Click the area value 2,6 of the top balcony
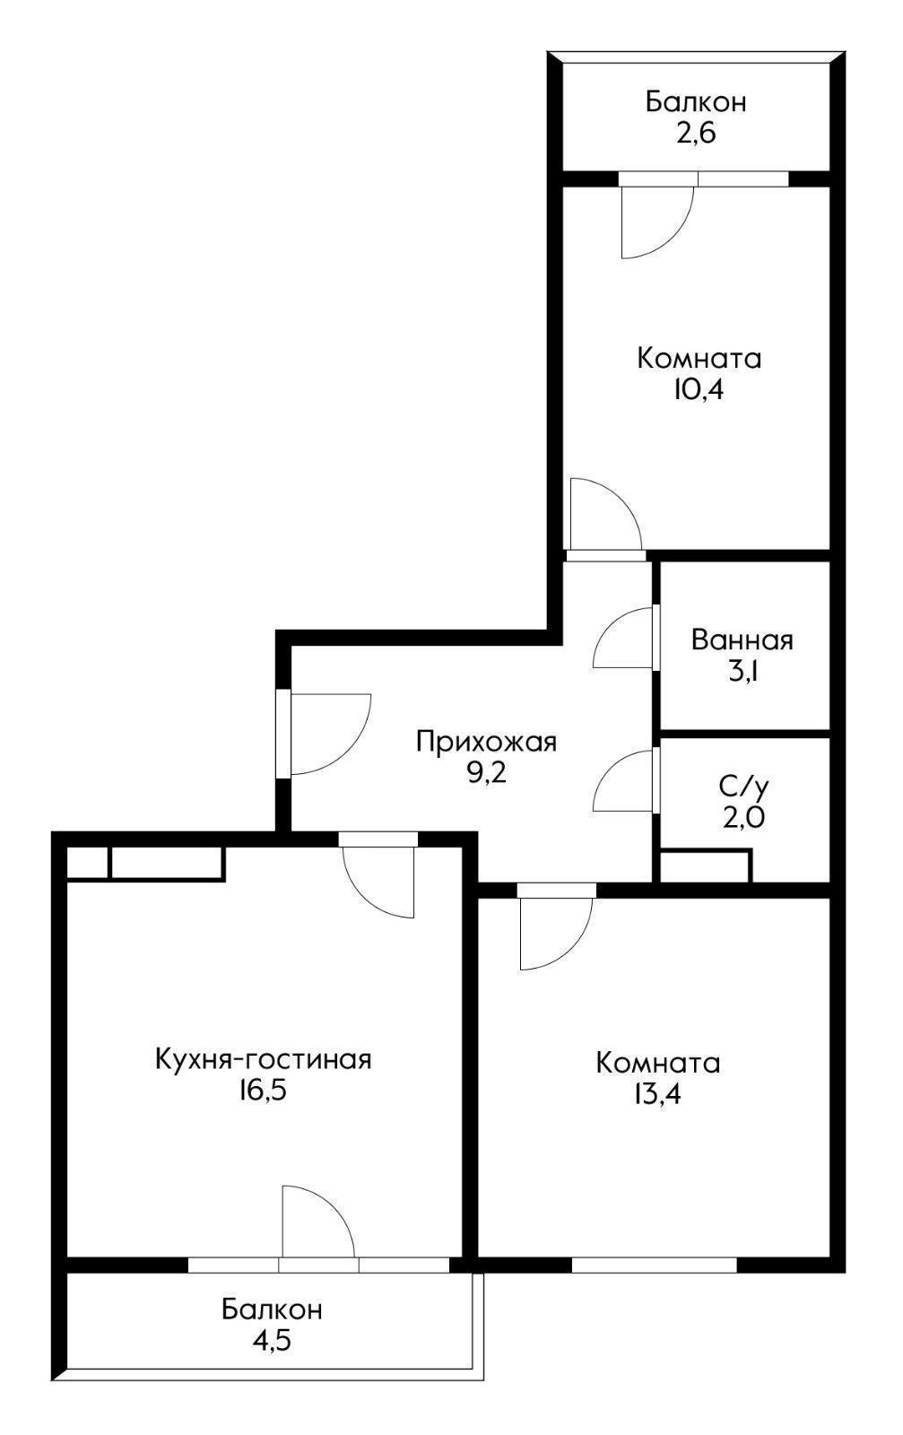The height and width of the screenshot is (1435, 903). click(695, 134)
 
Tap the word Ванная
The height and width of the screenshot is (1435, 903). click(742, 640)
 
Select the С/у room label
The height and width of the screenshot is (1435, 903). click(743, 787)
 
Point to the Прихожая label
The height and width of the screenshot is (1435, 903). click(486, 742)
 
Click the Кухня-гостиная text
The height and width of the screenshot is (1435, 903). click(263, 1059)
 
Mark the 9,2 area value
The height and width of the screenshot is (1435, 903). click(486, 772)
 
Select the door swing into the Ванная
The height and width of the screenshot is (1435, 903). click(625, 639)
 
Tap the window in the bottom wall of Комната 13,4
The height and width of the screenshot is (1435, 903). click(655, 1265)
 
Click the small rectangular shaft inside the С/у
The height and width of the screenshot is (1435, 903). click(705, 866)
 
